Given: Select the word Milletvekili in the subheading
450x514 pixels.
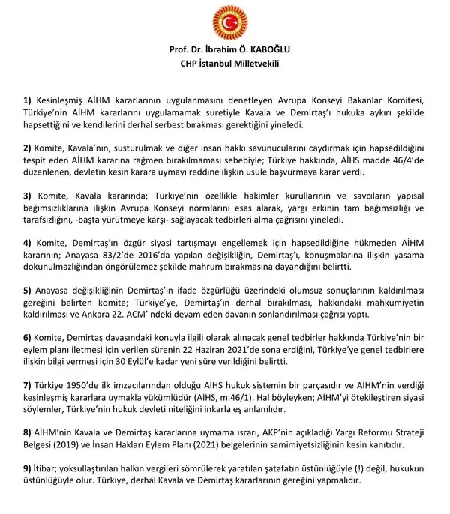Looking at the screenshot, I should coord(250,64).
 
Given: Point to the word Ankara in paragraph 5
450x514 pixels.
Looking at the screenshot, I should coord(150,312).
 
